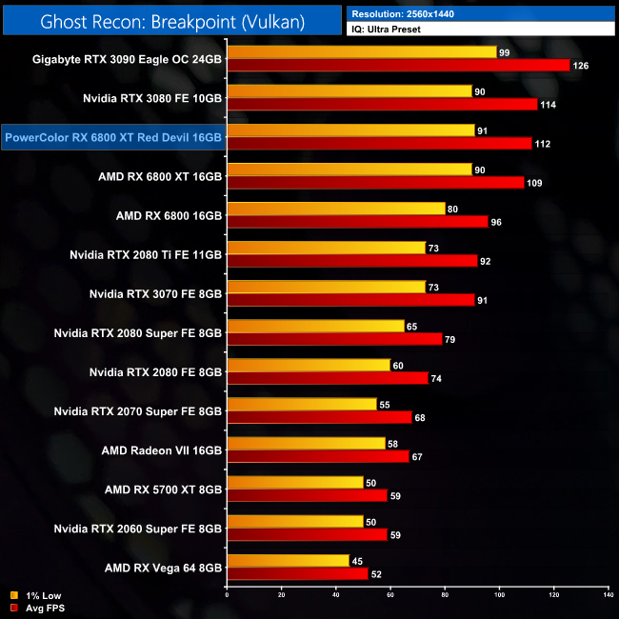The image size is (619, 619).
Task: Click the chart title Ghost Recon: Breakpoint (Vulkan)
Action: pyautogui.click(x=171, y=20)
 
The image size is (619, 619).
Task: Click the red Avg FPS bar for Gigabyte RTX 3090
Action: pyautogui.click(x=398, y=65)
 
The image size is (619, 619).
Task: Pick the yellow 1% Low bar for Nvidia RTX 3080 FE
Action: pyautogui.click(x=349, y=90)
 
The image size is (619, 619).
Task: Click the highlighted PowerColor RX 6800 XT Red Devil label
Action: pyautogui.click(x=113, y=137)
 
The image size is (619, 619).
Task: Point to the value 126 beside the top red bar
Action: pyautogui.click(x=581, y=66)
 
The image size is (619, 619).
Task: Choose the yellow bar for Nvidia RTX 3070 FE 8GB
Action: pyautogui.click(x=326, y=287)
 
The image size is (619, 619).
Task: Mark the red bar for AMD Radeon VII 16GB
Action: pyautogui.click(x=318, y=455)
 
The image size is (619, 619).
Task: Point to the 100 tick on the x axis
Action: pyautogui.click(x=499, y=595)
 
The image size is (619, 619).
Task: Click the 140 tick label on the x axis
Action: pyautogui.click(x=608, y=595)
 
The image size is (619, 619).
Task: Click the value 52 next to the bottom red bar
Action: pyautogui.click(x=378, y=574)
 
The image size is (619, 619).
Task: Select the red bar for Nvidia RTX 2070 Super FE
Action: pyautogui.click(x=319, y=416)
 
